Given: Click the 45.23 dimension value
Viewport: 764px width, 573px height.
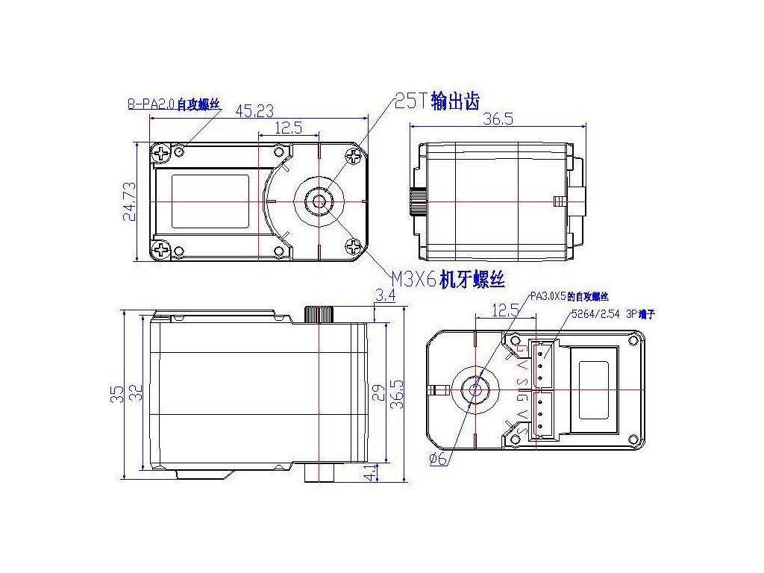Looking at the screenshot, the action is pos(254,111).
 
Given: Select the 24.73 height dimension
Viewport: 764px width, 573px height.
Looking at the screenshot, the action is pos(130,202).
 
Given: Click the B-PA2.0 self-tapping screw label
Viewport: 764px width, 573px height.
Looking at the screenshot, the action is pos(174,104).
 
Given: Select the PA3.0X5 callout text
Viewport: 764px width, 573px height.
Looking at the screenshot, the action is pos(569,297).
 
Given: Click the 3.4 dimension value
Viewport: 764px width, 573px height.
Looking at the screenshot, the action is pos(386,296).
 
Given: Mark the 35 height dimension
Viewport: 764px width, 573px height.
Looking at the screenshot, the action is pos(117,393).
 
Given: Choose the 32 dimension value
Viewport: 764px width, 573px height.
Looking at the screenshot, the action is pos(135,393).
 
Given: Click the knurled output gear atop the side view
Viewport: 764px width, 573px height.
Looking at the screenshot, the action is pos(319,313).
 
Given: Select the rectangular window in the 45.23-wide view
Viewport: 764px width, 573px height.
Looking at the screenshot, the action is pos(210,201).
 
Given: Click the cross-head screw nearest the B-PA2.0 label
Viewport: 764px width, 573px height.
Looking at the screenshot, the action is pos(161,154).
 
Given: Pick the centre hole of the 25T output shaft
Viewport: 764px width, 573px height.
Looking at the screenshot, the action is pos(319,201).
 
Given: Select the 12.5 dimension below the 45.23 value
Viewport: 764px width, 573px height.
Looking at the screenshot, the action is pos(287,128).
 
